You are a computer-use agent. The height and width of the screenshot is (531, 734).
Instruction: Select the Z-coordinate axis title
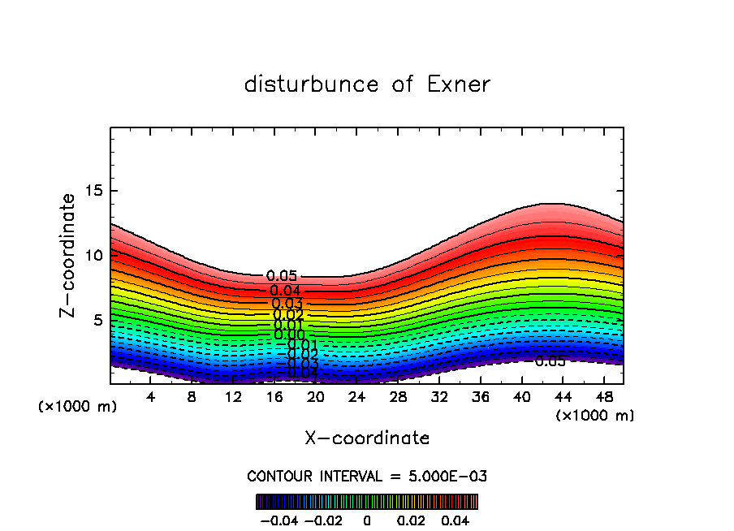[68, 255]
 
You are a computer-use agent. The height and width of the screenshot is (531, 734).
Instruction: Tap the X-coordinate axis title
[367, 438]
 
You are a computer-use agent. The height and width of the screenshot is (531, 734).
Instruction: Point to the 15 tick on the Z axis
[96, 192]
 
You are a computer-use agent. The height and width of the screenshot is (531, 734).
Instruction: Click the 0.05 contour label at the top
[282, 277]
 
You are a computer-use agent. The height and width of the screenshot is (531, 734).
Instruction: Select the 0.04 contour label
[286, 291]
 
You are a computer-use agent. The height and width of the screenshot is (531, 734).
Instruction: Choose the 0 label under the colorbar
[367, 520]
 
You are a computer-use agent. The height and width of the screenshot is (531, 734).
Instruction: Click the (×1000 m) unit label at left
[78, 407]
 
